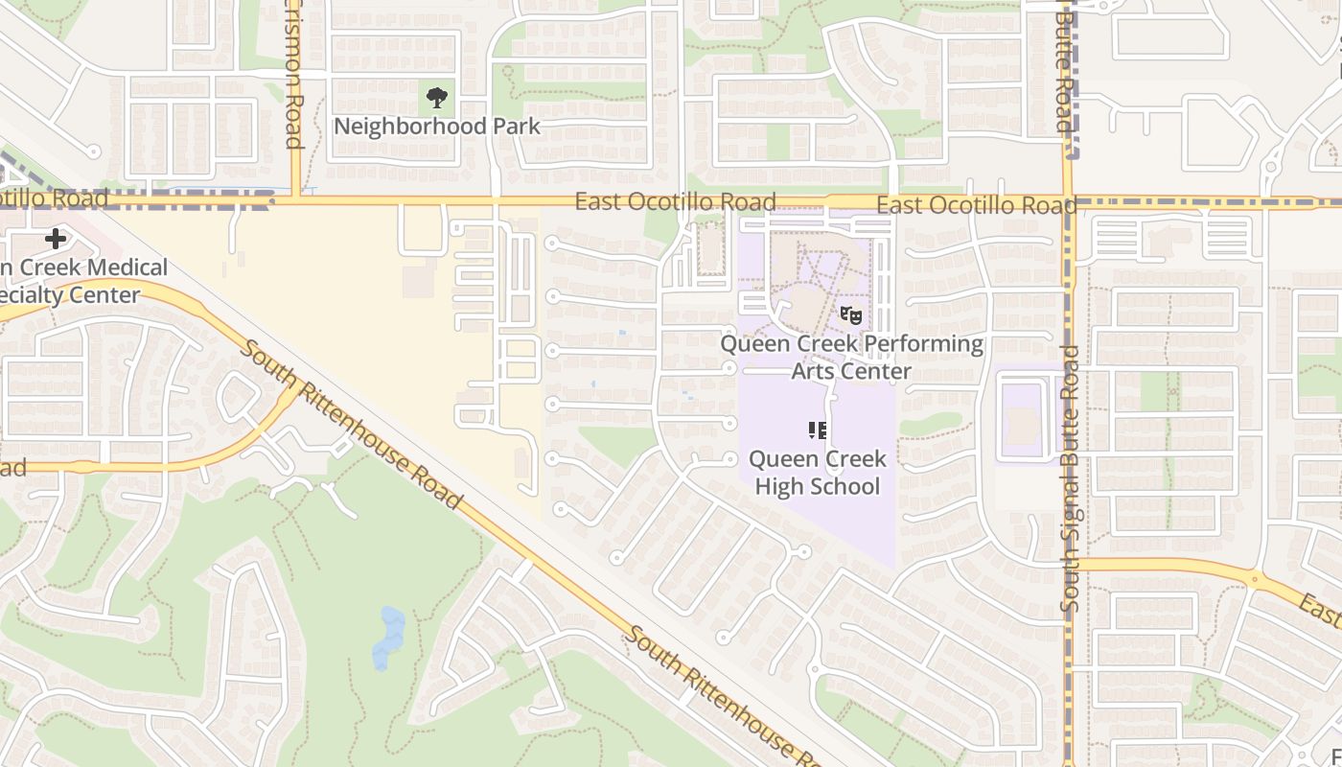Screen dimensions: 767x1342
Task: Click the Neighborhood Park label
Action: (x=436, y=127)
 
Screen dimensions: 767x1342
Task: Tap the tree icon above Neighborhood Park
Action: (x=437, y=97)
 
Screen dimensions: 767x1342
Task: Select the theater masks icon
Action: (x=850, y=314)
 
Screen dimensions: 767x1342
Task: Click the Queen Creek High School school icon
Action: (x=817, y=430)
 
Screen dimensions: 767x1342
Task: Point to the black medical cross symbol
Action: (x=56, y=238)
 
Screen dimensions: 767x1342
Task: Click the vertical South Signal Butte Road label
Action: (x=1071, y=479)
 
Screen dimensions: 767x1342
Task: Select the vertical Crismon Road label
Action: (x=293, y=77)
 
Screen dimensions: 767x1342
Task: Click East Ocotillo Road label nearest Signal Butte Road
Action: (x=976, y=205)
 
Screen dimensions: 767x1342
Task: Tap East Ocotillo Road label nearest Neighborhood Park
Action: (x=675, y=202)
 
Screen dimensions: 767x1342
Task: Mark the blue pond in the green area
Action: (x=388, y=637)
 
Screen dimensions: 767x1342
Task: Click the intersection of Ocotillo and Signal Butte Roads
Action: (x=1068, y=202)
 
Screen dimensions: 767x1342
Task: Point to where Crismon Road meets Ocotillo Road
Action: (x=295, y=200)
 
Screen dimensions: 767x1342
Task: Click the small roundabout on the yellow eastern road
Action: (x=1255, y=578)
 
